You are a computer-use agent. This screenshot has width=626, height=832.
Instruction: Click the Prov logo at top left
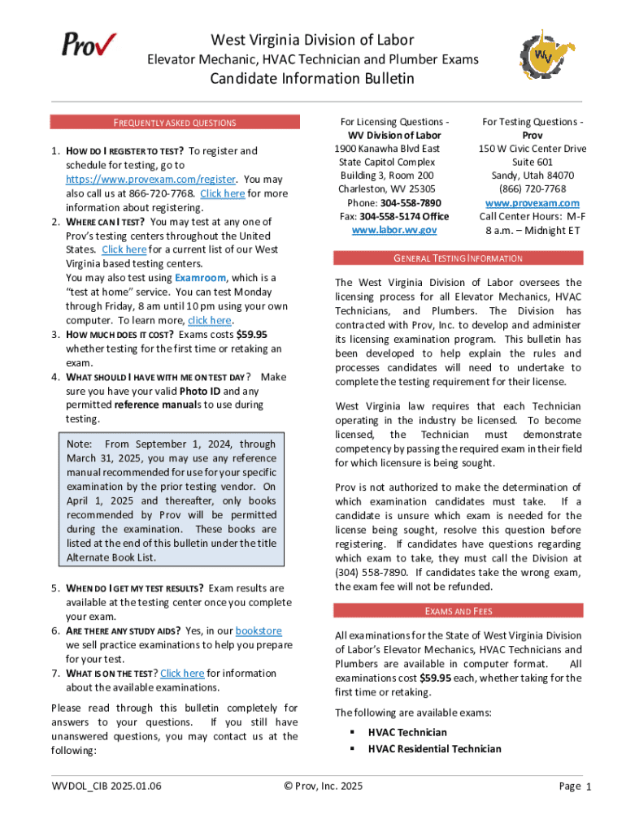click(x=89, y=44)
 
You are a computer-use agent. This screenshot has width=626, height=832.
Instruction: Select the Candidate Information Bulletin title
click(x=312, y=79)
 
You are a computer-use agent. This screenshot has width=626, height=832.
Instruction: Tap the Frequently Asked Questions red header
click(x=174, y=123)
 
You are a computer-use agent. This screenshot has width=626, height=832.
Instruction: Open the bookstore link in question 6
click(x=259, y=630)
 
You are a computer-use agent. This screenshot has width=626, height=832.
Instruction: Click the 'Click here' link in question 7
click(x=182, y=673)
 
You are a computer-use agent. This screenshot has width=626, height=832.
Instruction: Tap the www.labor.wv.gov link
click(x=393, y=230)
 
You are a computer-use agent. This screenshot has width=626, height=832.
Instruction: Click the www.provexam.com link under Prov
click(x=532, y=202)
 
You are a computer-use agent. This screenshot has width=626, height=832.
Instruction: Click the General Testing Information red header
click(x=458, y=258)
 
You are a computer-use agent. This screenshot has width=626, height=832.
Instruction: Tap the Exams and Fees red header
click(x=458, y=611)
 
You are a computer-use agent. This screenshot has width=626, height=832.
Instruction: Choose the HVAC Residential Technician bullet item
click(x=434, y=748)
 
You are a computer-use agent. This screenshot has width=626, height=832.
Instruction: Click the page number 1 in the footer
click(x=588, y=786)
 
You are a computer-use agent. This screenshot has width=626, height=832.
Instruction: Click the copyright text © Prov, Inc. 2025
click(x=323, y=786)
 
